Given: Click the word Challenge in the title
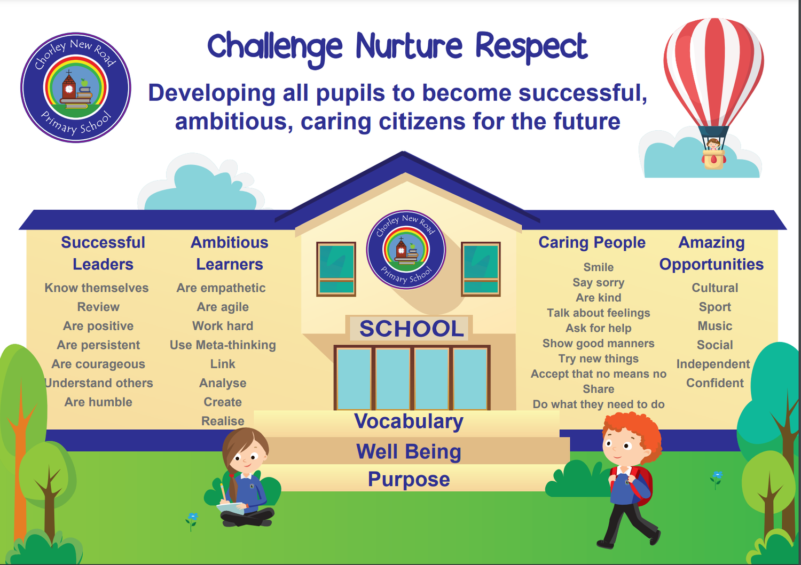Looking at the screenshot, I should (x=274, y=47).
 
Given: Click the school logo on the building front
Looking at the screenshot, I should (x=406, y=250).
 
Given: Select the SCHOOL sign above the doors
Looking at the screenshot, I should (x=411, y=329).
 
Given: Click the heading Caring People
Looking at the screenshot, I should (x=592, y=243).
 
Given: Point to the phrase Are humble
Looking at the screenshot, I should (x=98, y=402).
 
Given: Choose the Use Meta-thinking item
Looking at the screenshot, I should (x=223, y=345).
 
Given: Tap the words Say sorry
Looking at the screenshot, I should (x=598, y=283).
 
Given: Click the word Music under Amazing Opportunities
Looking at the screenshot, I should (x=714, y=326).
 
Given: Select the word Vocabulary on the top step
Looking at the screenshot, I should (x=409, y=421).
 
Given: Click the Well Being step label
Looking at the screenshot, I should (x=409, y=452).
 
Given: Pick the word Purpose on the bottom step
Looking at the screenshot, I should (x=409, y=479).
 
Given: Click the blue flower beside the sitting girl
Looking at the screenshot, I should (x=192, y=517).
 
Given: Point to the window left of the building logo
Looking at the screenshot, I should (x=336, y=268).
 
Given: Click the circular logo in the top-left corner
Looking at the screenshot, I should (x=76, y=87).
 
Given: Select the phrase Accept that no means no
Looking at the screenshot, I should (x=598, y=374).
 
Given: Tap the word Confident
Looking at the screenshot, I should (x=714, y=383).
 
